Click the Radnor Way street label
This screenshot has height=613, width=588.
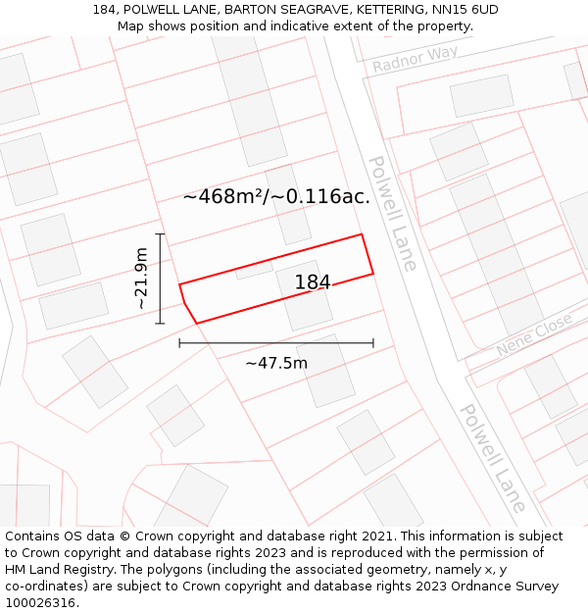point(415,59)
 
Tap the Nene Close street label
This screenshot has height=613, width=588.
point(533,334)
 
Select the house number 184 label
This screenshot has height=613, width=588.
point(313,282)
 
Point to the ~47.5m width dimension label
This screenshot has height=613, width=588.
point(276,363)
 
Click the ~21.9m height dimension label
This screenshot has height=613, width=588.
point(142,279)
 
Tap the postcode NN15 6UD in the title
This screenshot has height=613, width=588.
point(462,10)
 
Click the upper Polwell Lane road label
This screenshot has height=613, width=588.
point(392,212)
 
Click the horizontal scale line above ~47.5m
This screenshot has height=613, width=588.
point(276,343)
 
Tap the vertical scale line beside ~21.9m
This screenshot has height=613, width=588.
point(160,279)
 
